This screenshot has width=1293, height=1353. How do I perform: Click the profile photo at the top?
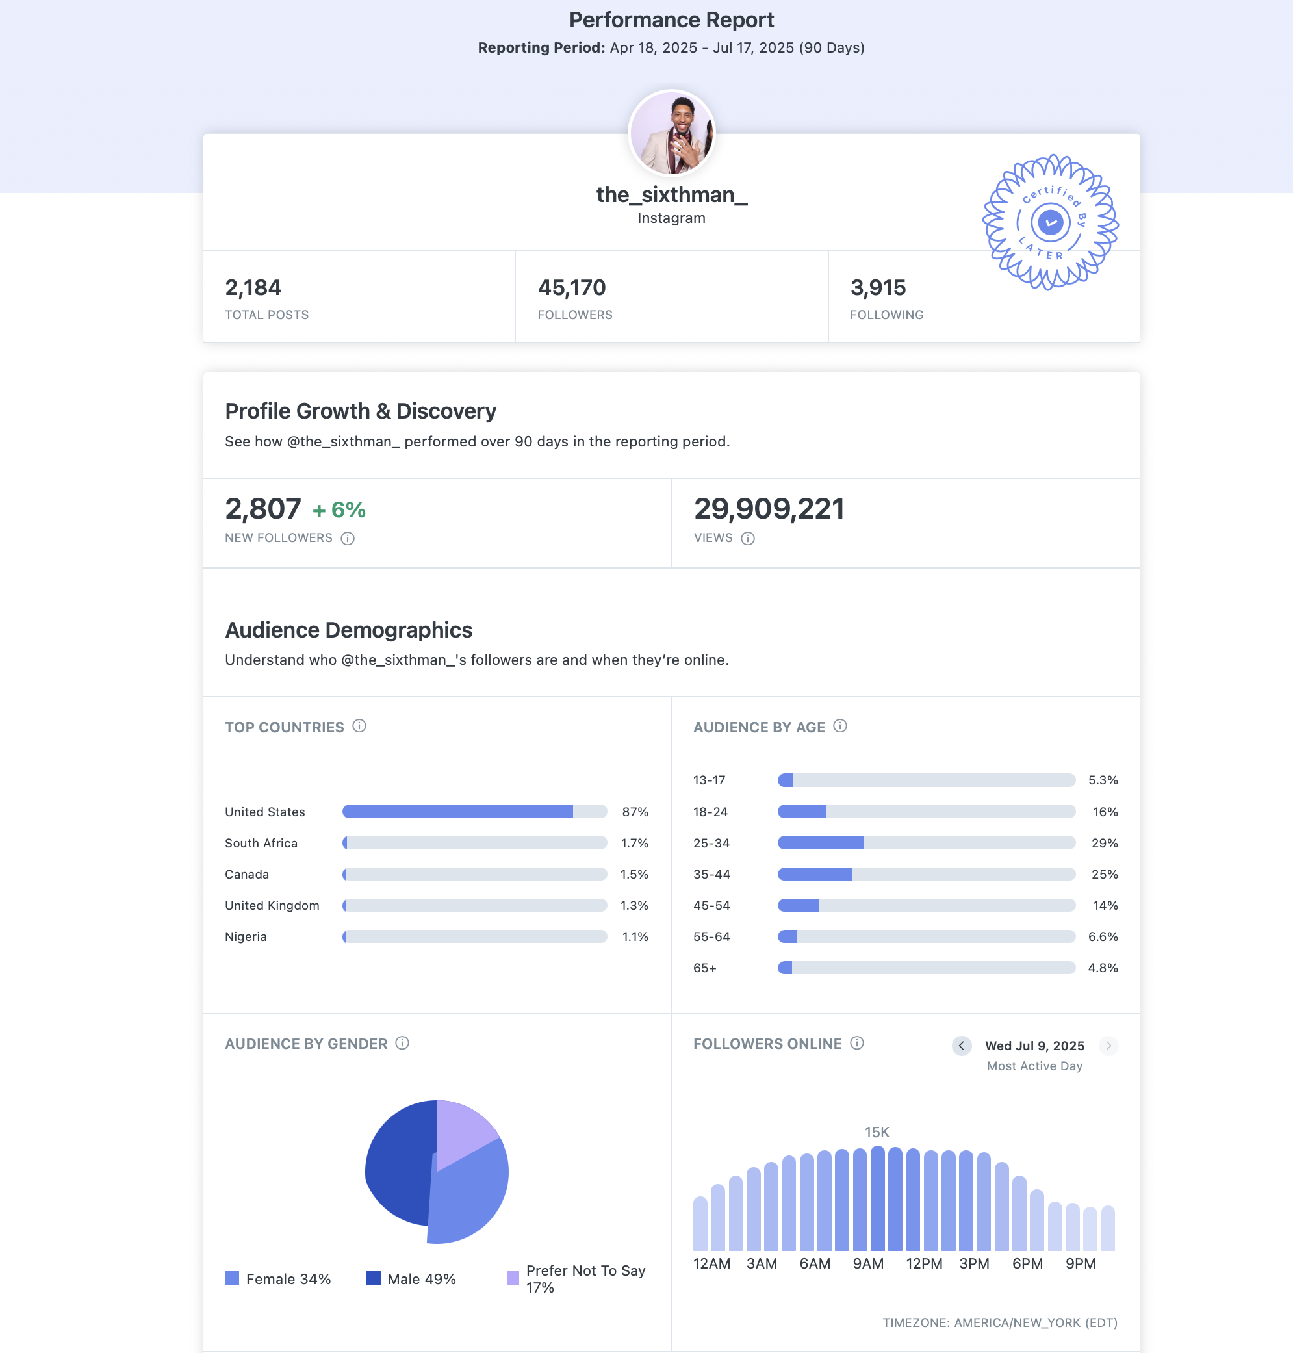(671, 133)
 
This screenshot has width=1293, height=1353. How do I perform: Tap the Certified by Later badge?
(1050, 222)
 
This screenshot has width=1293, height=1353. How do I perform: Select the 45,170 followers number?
(571, 287)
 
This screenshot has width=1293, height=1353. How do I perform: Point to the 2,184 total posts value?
(253, 287)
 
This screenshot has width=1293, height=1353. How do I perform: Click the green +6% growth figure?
(339, 510)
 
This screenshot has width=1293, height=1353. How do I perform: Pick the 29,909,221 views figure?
(769, 509)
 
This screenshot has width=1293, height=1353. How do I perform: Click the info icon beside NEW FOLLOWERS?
(348, 538)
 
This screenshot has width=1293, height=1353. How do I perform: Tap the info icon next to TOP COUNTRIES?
(359, 726)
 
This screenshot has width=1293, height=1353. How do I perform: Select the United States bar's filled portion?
(457, 811)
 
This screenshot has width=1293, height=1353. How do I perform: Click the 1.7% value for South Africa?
(634, 843)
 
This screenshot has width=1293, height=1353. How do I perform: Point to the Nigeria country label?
(246, 936)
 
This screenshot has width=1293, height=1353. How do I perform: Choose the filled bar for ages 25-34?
(820, 842)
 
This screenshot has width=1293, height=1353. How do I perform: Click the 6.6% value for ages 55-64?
(1103, 936)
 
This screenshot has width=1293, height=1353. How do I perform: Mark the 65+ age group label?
(704, 968)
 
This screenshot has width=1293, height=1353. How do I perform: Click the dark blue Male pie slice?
(398, 1165)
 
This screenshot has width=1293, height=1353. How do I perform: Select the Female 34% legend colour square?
(232, 1278)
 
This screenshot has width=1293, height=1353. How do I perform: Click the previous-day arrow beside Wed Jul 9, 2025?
(962, 1046)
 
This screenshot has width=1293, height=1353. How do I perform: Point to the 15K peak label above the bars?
(877, 1133)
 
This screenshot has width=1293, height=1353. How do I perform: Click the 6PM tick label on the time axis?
(1027, 1263)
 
